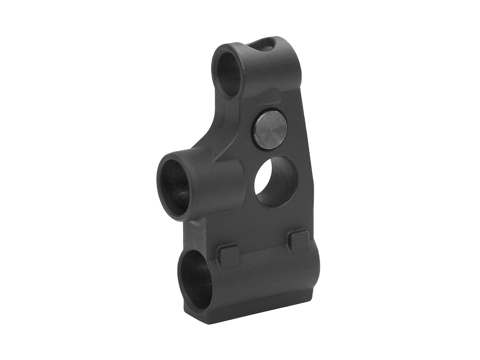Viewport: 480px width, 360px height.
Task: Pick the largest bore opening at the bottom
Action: point(195,279)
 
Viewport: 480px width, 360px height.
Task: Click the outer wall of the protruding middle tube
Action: point(220,185)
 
